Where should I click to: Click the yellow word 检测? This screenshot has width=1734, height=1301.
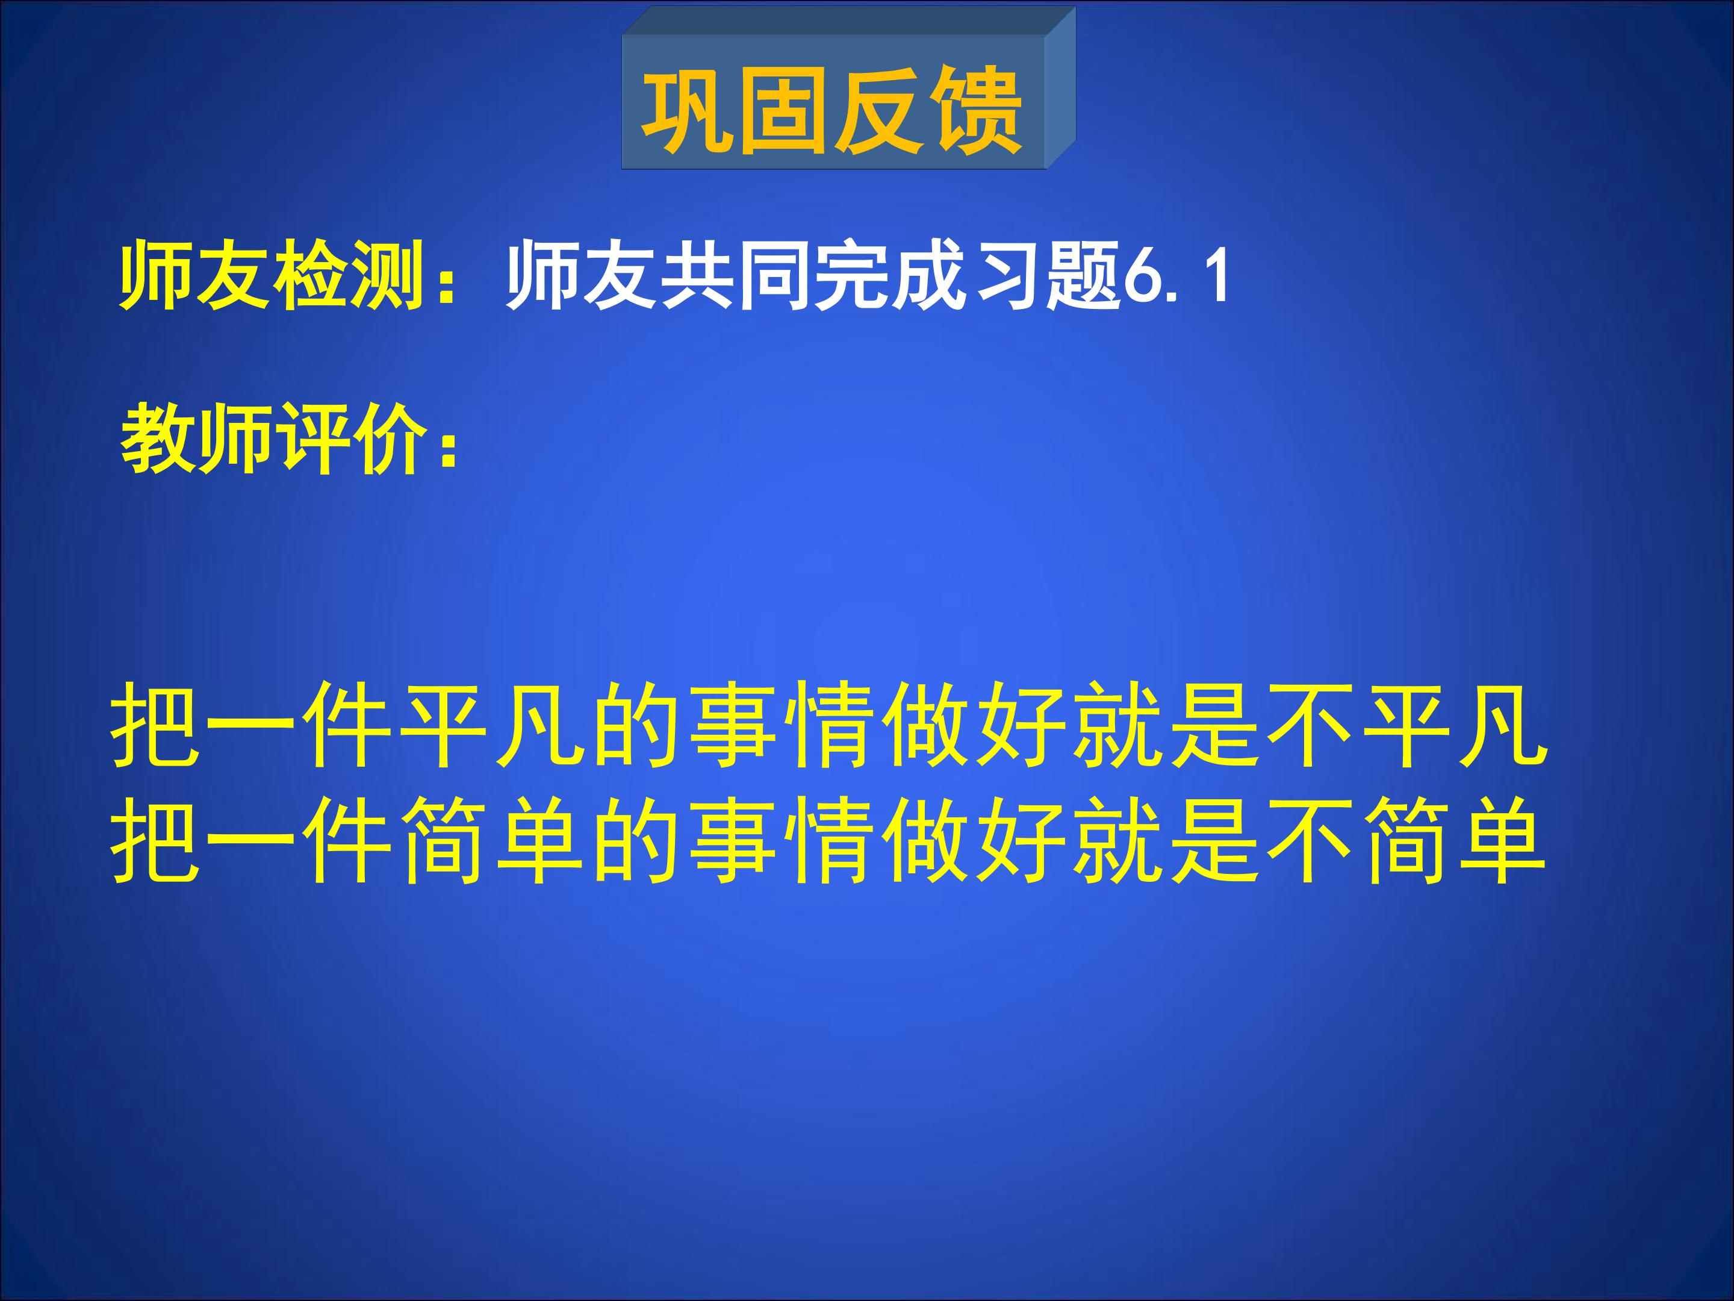(x=347, y=276)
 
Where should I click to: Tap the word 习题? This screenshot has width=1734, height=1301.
(x=1043, y=276)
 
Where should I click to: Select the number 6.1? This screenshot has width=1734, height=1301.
(x=1176, y=276)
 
